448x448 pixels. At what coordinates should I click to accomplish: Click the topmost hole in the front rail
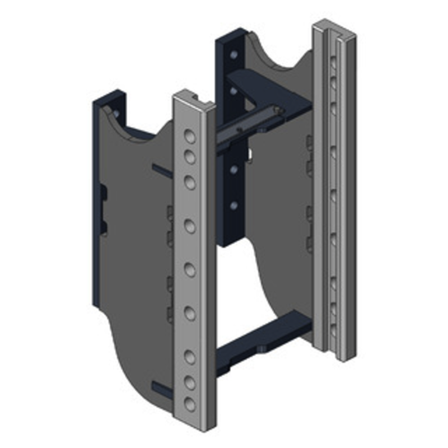pyautogui.click(x=190, y=136)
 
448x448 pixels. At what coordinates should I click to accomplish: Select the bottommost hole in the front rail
pyautogui.click(x=190, y=403)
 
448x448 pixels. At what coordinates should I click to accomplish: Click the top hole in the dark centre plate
pyautogui.click(x=233, y=55)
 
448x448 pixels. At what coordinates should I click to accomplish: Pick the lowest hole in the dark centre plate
pyautogui.click(x=233, y=207)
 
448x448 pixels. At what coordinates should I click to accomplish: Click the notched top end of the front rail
pyautogui.click(x=194, y=100)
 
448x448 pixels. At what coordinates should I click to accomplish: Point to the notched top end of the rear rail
pyautogui.click(x=334, y=29)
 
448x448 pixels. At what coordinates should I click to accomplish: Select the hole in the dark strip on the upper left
pyautogui.click(x=115, y=114)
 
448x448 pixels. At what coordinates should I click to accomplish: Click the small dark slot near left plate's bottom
pyautogui.click(x=161, y=388)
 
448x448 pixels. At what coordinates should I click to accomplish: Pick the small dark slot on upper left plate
pyautogui.click(x=161, y=170)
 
